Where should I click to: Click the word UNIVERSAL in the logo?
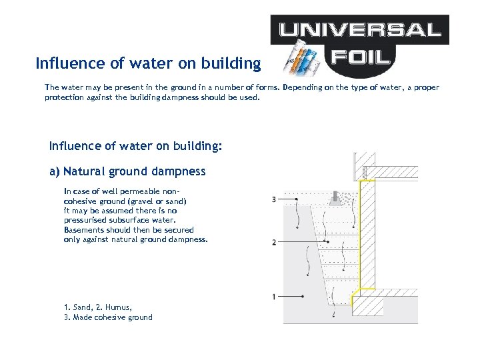359,29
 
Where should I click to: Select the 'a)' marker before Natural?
55,171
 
